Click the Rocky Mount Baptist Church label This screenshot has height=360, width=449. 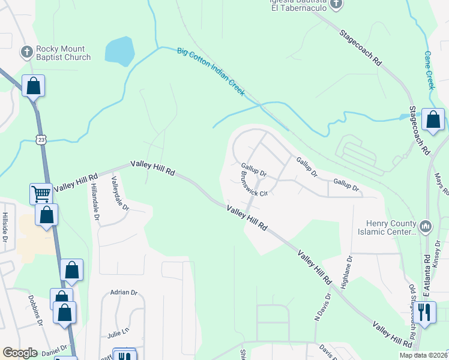[x=63, y=53]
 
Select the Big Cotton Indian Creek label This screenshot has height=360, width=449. [x=211, y=71]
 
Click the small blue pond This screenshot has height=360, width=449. [x=119, y=51]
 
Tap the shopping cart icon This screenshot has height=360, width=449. [x=41, y=193]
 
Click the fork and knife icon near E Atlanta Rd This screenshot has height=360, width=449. [x=424, y=311]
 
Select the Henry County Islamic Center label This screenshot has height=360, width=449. [x=387, y=228]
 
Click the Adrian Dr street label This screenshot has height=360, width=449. [x=124, y=292]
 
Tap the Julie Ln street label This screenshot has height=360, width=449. [x=118, y=331]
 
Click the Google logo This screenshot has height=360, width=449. [x=20, y=353]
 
